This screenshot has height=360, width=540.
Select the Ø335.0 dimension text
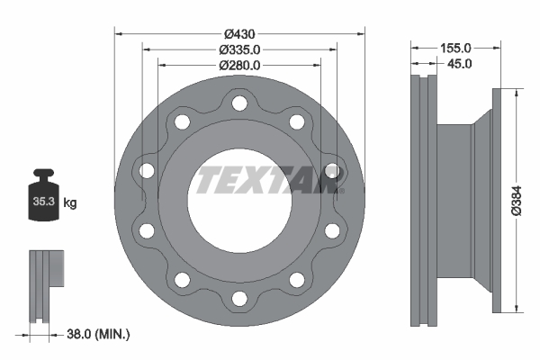(x=239, y=49)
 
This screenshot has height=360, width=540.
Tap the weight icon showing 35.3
(x=43, y=197)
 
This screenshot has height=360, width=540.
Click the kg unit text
(x=70, y=204)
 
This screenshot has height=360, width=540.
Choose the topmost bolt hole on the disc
(x=238, y=103)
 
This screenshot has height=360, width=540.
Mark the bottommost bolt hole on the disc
(x=238, y=295)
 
